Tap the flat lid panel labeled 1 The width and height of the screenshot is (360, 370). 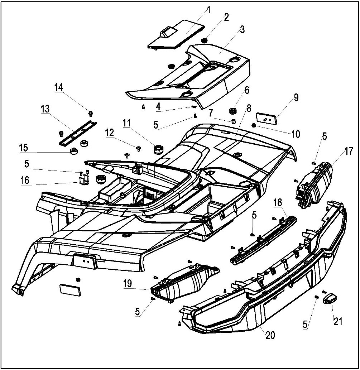176,36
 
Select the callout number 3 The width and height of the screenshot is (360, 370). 243,29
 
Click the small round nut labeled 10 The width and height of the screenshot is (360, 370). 254,125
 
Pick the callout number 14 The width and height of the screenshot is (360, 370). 58,87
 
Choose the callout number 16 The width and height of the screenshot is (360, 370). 25,180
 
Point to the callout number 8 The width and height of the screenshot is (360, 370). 249,107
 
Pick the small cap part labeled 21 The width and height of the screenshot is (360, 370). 330,298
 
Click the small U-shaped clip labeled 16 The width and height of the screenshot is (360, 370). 83,181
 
